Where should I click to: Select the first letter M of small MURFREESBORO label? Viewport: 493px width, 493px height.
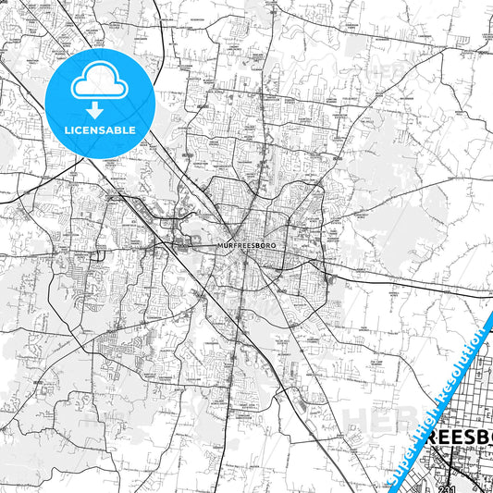coord(218,246)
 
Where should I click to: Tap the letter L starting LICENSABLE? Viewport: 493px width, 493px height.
coord(67,129)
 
